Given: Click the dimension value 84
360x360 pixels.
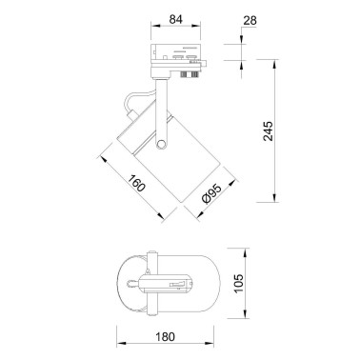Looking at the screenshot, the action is click(x=175, y=19).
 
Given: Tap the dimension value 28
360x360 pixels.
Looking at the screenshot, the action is click(x=250, y=21).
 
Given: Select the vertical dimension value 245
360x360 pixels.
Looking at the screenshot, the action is click(x=268, y=130).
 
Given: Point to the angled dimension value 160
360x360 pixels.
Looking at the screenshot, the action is click(x=137, y=183).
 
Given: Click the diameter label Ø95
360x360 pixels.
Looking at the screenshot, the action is click(x=211, y=194).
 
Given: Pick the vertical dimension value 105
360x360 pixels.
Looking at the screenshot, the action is click(x=239, y=283).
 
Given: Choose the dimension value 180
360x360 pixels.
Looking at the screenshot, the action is click(x=165, y=336).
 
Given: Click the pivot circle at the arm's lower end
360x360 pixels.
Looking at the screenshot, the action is click(x=161, y=145).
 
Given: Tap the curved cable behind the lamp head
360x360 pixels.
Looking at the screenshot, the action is click(x=137, y=97).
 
